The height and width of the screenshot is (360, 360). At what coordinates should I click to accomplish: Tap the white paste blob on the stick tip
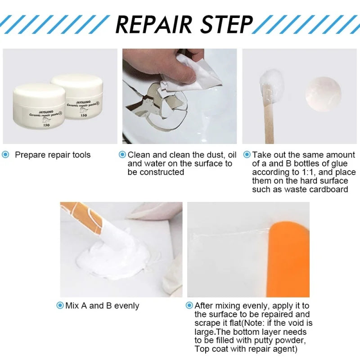pyautogui.click(x=271, y=84)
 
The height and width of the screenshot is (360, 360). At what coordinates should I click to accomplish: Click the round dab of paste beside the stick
pyautogui.click(x=323, y=93)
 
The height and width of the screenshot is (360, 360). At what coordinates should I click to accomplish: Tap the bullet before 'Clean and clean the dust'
pyautogui.click(x=122, y=155)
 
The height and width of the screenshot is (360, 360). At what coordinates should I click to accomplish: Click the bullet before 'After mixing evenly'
pyautogui.click(x=189, y=306)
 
